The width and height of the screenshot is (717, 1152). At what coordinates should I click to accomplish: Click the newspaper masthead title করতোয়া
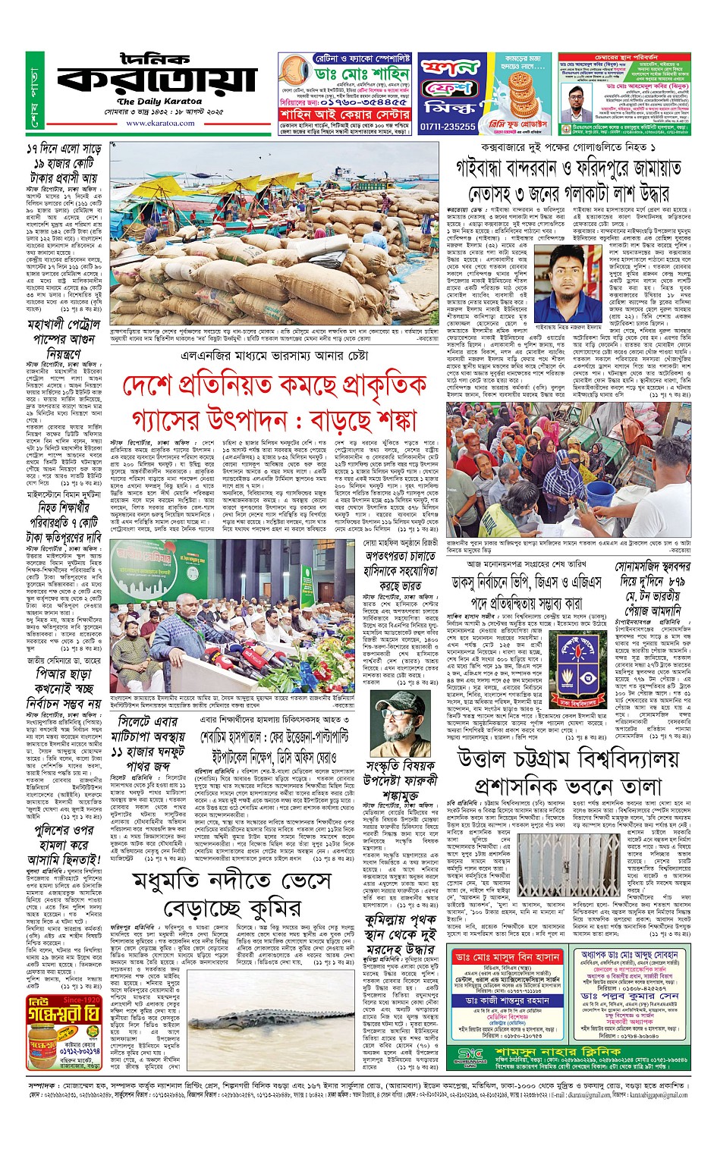pos(157,80)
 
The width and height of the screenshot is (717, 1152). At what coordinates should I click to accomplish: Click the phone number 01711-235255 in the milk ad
pos(448,127)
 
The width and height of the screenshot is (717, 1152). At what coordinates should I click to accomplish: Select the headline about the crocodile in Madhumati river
pos(231,894)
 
